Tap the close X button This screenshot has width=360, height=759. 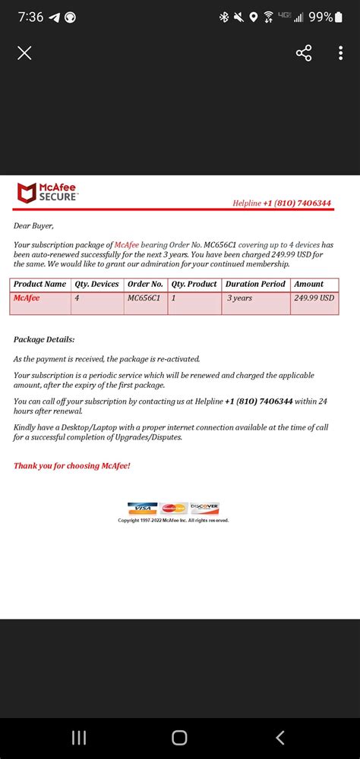(24, 53)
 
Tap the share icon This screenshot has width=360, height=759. (304, 53)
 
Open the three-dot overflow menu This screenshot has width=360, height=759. (341, 53)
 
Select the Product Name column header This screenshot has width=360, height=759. (40, 285)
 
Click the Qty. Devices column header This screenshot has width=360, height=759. (96, 285)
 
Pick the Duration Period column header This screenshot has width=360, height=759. (255, 285)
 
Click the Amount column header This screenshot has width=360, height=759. (309, 285)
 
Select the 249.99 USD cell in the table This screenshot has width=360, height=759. (314, 298)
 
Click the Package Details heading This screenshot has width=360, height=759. (44, 339)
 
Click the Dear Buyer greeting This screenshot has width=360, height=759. (33, 225)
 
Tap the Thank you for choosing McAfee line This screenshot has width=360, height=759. (72, 465)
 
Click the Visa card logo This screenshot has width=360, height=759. (141, 509)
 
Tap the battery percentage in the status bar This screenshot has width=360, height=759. (321, 17)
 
